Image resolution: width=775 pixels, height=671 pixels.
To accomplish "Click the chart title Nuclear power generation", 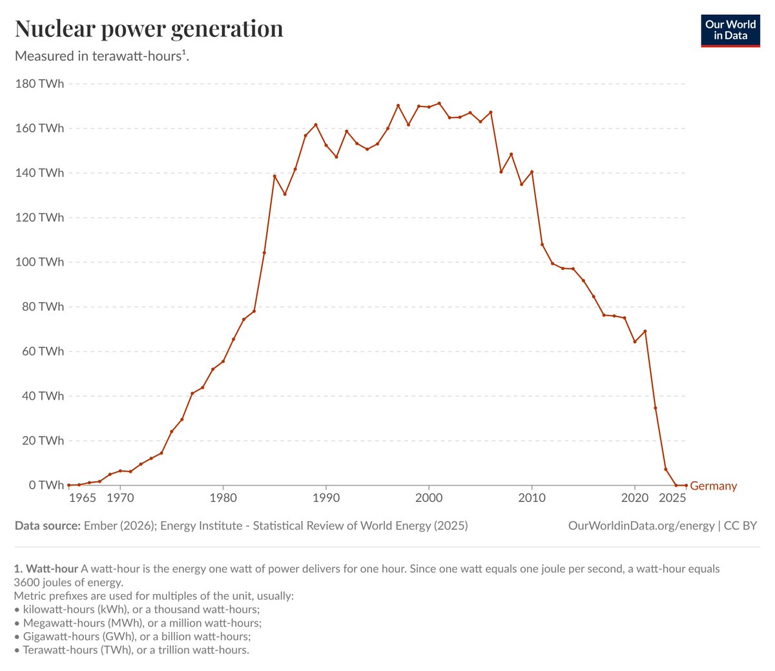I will [x=149, y=29].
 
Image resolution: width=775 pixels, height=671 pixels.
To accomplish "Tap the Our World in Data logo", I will [x=730, y=30].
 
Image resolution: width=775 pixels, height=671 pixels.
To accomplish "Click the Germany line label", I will [x=713, y=486].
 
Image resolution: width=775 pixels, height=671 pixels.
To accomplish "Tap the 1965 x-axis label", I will [x=83, y=498].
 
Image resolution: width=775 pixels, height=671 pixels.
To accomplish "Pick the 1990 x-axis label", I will [x=326, y=498].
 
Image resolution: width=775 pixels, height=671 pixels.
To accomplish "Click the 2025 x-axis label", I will [x=672, y=498].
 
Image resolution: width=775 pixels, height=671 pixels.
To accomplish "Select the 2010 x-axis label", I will [x=532, y=498].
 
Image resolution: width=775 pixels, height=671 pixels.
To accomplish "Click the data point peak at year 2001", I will [x=439, y=103].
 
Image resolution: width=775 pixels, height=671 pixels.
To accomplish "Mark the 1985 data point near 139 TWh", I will [x=274, y=176].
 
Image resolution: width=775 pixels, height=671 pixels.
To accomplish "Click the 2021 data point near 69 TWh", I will [x=645, y=331].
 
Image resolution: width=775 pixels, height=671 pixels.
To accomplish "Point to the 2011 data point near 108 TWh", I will [x=542, y=244].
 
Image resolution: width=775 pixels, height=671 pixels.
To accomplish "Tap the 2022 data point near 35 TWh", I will [x=656, y=408].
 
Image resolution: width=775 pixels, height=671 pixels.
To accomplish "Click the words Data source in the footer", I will [x=48, y=526].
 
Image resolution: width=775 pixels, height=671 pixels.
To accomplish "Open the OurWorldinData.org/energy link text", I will [x=641, y=526].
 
